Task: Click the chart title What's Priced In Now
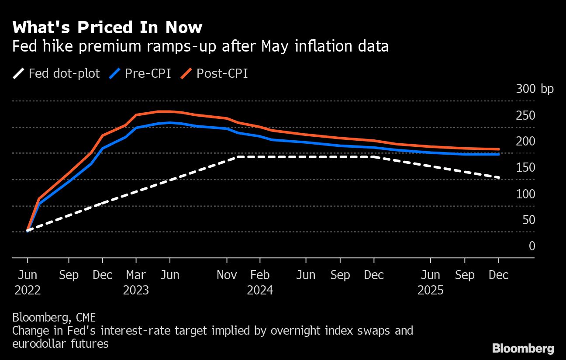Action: pos(107,28)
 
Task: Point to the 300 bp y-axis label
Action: pos(535,89)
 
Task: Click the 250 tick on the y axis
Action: pos(525,115)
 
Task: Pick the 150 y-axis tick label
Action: pos(525,168)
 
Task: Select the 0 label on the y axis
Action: pos(531,246)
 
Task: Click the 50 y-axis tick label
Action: pos(528,220)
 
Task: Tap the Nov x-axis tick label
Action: pos(227,275)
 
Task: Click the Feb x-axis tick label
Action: pos(260,275)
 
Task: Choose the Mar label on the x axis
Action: pos(136,275)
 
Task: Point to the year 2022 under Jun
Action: pos(28,290)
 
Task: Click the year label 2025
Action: pos(431,290)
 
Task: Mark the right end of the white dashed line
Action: pos(498,177)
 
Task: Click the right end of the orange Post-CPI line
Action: pos(498,149)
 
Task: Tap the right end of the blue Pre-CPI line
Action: pos(498,154)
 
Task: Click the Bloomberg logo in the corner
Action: pos(523,348)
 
